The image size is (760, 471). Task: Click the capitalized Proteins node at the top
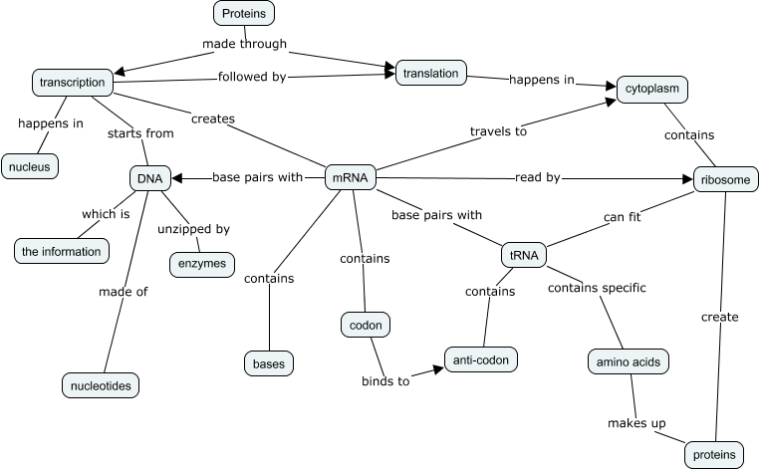coord(244,13)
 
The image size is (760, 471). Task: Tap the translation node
coord(431,73)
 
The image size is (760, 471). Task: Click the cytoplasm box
coord(651,89)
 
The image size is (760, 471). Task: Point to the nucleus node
coord(31,165)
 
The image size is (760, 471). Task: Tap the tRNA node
coord(524,255)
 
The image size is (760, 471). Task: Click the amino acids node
coord(627,360)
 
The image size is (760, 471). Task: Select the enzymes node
coord(202,264)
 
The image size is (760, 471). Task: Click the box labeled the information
coord(61,251)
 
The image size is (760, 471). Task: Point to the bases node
coord(269,363)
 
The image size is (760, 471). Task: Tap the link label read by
coord(538,178)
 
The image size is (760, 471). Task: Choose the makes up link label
coord(636,423)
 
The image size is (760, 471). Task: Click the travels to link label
coord(498,130)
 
